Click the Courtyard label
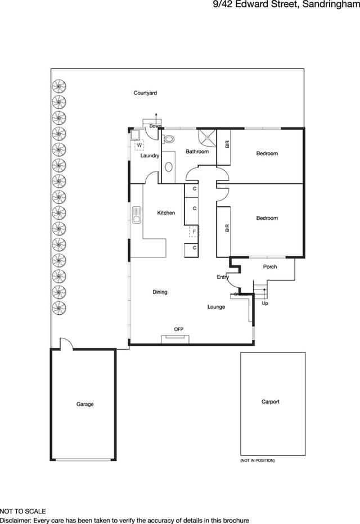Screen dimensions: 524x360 point(145,93)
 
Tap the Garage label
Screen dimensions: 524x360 point(85,404)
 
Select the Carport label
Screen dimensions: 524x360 point(270,402)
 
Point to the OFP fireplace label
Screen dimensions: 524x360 point(179,329)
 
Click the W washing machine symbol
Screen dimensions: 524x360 point(139,144)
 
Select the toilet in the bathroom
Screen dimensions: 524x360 point(169,140)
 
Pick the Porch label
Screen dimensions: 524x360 point(270,266)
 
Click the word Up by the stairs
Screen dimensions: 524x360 point(265,304)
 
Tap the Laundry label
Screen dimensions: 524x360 point(150,156)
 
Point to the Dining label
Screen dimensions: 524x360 point(160,292)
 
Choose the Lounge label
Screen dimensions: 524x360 point(216,307)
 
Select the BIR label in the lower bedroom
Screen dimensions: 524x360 point(227,228)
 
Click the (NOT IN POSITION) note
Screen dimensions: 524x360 point(258,460)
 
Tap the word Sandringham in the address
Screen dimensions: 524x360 point(331,6)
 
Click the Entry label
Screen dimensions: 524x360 point(223,277)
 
